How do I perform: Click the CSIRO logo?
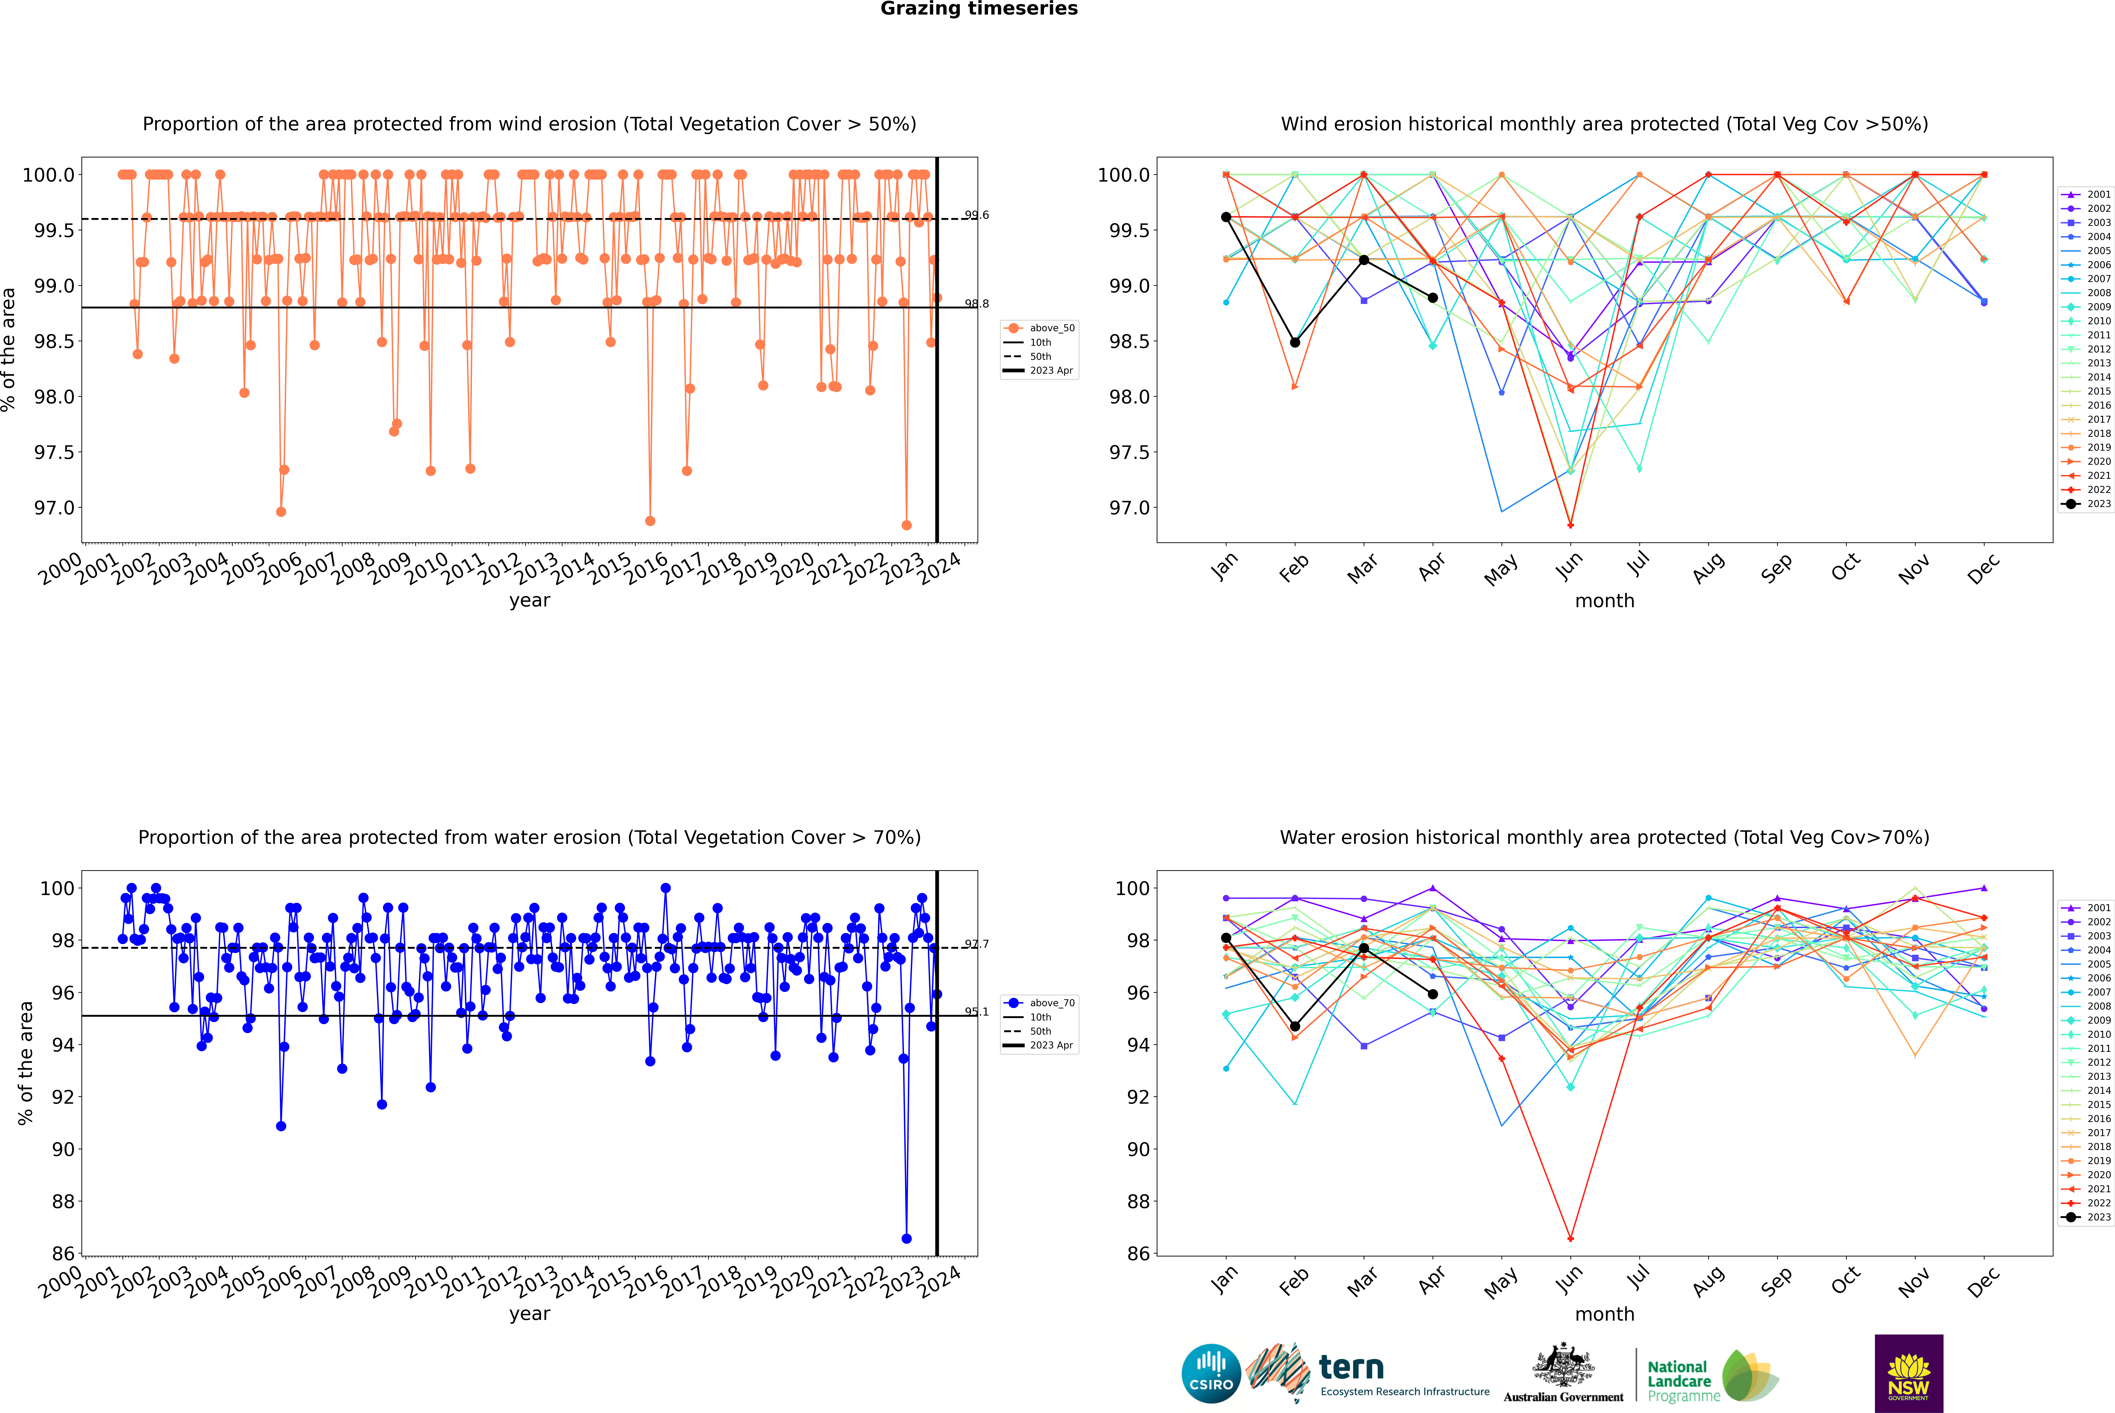pyautogui.click(x=1211, y=1373)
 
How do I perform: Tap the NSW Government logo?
pyautogui.click(x=1908, y=1373)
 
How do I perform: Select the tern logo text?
pyautogui.click(x=1350, y=1368)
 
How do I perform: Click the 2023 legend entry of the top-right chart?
pyautogui.click(x=2098, y=504)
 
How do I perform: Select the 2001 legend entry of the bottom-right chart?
pyautogui.click(x=2098, y=908)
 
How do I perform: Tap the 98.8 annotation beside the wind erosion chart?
pyautogui.click(x=976, y=304)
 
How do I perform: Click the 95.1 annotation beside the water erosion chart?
pyautogui.click(x=976, y=1011)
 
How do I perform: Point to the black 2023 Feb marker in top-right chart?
pyautogui.click(x=1295, y=342)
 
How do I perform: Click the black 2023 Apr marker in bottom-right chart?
pyautogui.click(x=1433, y=994)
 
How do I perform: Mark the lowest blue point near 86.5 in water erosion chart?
pyautogui.click(x=906, y=1238)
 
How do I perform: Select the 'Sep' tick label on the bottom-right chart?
pyautogui.click(x=1776, y=1280)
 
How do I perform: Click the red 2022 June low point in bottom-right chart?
pyautogui.click(x=1570, y=1238)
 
